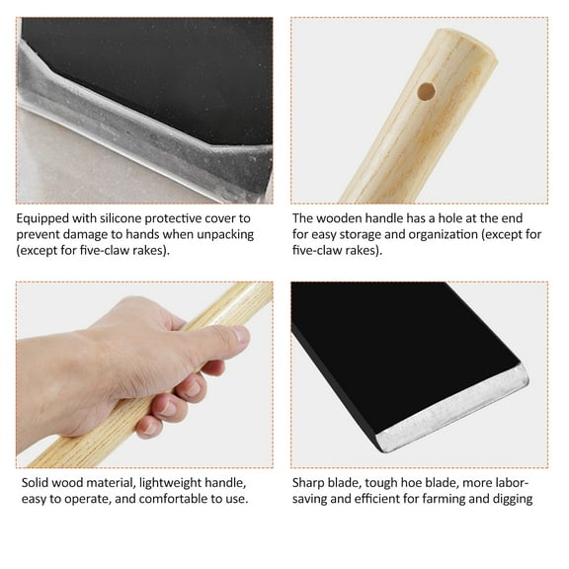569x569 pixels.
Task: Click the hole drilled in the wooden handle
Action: (x=426, y=92)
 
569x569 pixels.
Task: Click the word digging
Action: (x=509, y=499)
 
